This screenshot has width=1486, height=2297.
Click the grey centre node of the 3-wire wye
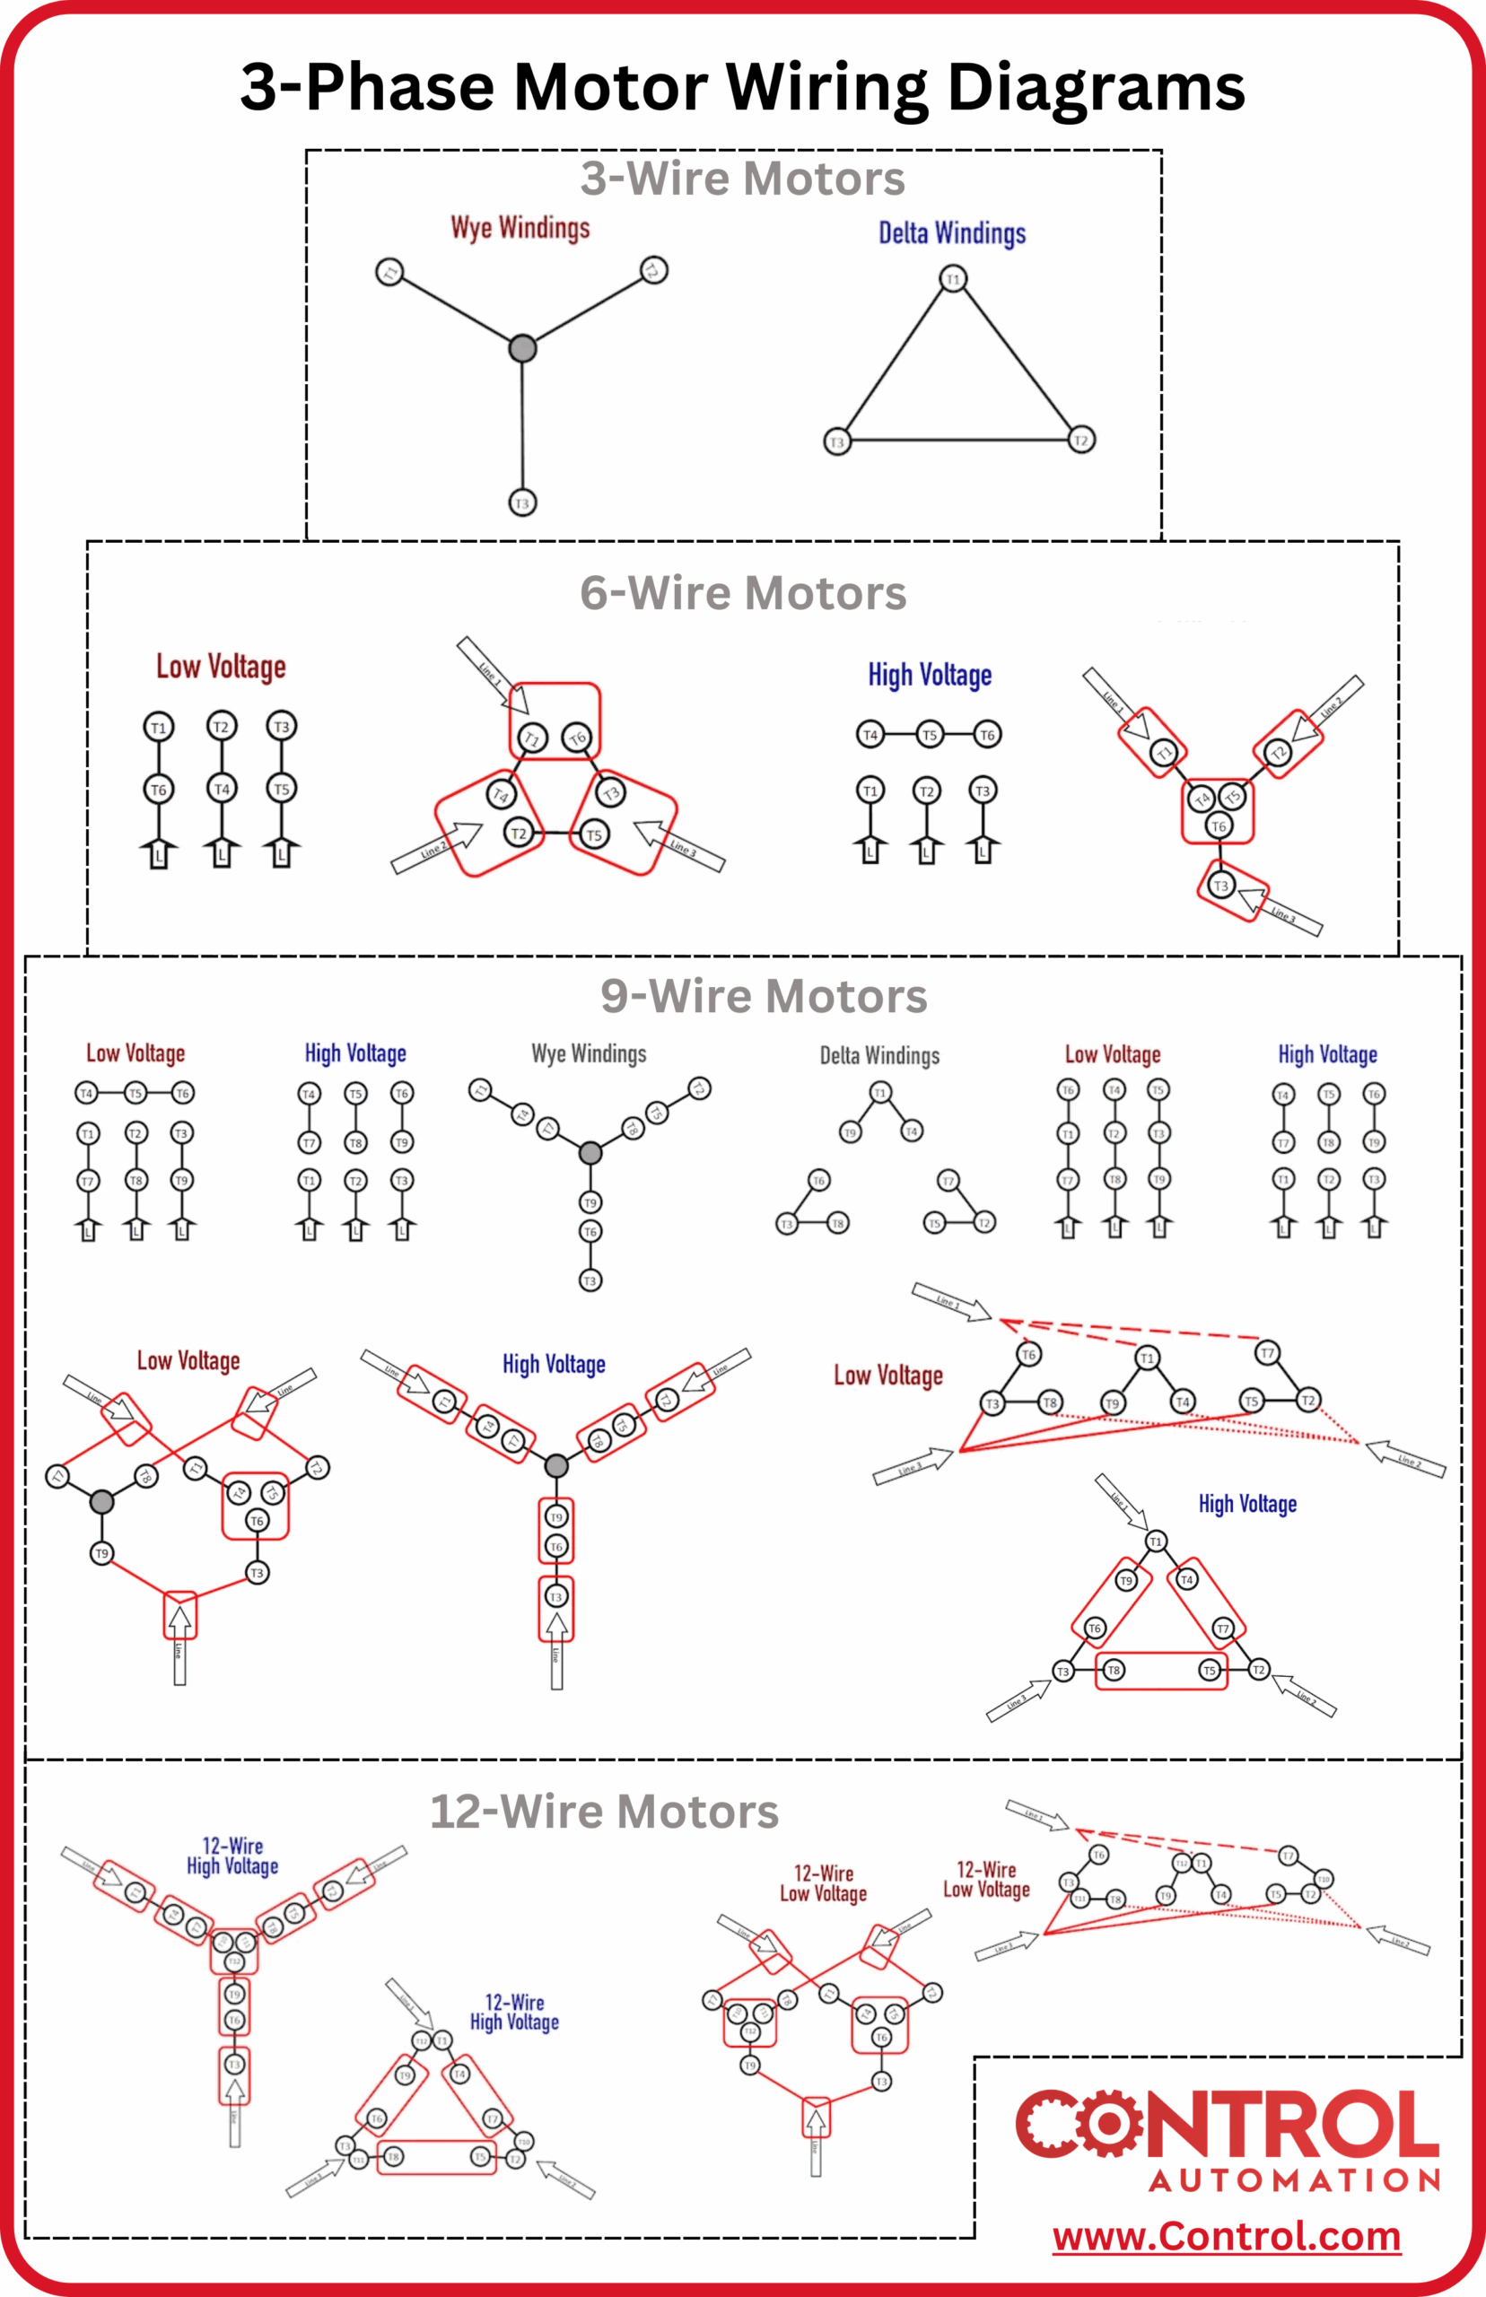click(x=522, y=348)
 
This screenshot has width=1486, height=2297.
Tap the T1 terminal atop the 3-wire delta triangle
click(x=953, y=280)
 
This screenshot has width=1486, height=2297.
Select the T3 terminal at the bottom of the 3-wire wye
click(x=522, y=502)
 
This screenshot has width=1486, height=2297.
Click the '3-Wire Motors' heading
click(x=742, y=179)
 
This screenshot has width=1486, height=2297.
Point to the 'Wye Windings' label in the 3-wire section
click(x=520, y=229)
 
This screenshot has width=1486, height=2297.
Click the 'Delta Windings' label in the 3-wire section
click(x=951, y=233)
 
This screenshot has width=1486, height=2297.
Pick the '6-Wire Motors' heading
click(x=743, y=592)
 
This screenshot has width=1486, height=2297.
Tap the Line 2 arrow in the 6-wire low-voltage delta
click(x=436, y=847)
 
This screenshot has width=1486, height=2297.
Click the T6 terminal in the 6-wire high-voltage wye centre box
click(x=1218, y=825)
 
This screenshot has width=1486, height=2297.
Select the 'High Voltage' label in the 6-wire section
click(x=930, y=676)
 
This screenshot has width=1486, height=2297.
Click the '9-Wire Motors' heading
click(x=764, y=996)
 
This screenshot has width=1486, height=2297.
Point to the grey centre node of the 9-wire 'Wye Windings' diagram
click(x=590, y=1153)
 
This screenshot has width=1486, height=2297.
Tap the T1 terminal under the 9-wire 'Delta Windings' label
click(x=879, y=1093)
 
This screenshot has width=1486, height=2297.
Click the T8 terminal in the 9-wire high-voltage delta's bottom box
click(x=1114, y=1670)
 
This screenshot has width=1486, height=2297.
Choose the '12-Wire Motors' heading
click(x=604, y=1811)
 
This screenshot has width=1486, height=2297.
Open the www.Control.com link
click(x=1226, y=2236)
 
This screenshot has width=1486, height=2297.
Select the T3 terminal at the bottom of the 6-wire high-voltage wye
click(x=1220, y=886)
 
